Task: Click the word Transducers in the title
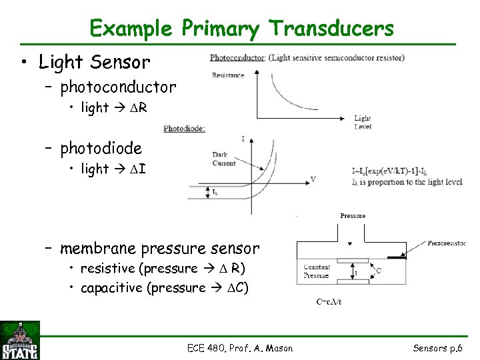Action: coord(331,29)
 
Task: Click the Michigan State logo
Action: coord(21,340)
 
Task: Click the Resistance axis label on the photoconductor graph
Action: coord(228,75)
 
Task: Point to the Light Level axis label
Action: coord(363,122)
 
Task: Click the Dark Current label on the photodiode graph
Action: coord(223,159)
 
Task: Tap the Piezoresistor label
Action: coord(447,243)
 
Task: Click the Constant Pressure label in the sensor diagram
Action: coord(317,271)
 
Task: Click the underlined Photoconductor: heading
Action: coord(237,57)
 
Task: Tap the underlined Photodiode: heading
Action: coord(184,128)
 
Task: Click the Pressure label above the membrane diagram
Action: coord(353,216)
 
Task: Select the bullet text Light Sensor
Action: coord(94,62)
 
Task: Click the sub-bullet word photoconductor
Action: coord(118,87)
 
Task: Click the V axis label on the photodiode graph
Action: coord(313,179)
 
